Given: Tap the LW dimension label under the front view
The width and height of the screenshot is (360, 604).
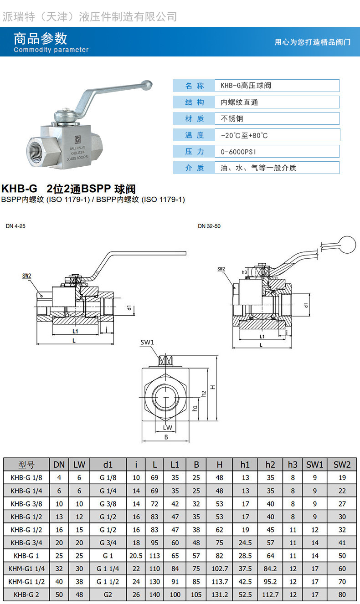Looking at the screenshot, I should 168,427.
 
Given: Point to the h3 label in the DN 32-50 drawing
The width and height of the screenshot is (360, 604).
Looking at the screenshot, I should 244,272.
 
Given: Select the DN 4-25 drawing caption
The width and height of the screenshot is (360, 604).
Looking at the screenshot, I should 15,226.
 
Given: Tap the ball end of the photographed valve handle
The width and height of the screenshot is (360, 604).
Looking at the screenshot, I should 147,85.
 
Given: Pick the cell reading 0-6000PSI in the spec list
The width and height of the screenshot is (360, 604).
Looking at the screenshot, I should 242,152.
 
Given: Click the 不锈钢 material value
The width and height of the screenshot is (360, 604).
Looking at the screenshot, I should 232,118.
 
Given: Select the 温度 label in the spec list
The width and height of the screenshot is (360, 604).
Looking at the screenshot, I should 194,135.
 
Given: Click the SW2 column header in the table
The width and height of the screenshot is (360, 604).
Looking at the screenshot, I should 342,465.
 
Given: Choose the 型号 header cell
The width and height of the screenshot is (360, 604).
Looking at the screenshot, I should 26,465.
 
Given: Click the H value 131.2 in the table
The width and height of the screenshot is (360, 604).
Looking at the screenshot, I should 220,595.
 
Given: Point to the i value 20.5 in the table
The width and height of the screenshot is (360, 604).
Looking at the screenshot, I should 136,556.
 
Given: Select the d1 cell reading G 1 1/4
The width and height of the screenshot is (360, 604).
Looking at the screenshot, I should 108,569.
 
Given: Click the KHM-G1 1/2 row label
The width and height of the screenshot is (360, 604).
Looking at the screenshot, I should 26,582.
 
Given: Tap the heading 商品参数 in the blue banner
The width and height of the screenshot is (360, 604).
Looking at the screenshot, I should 40,38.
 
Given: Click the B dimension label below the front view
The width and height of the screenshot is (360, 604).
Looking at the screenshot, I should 166,437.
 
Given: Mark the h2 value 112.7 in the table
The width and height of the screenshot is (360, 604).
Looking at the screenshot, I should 270,595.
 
